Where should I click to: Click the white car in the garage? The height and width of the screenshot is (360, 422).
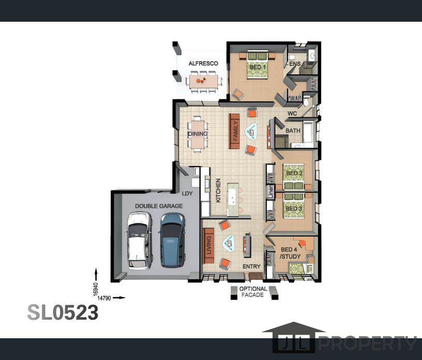pos(140,241)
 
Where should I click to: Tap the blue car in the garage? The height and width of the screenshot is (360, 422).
pos(173,240)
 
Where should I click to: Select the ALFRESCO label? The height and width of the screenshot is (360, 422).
pos(203,64)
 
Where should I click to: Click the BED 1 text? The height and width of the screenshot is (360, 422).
pos(258,67)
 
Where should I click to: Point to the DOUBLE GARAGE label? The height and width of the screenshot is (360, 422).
pos(159,206)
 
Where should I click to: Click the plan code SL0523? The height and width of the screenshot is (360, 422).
pos(63,312)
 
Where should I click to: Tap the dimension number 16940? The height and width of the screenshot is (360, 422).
pos(96,290)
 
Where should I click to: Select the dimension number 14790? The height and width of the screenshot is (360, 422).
pos(104,298)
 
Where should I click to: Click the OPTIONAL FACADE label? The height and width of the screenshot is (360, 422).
pos(253,292)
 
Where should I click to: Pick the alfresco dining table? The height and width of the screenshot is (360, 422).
pos(203,82)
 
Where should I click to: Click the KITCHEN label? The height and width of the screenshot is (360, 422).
pos(218,190)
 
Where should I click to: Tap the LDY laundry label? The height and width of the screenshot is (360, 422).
pos(187,193)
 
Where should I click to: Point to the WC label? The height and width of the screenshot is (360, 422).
pos(292,113)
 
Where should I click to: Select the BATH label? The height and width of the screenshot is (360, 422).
pos(293,130)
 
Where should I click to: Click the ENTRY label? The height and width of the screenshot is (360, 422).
pos(251,266)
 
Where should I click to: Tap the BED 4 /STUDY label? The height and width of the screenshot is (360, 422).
pos(290,253)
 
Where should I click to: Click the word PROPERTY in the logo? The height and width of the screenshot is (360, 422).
pos(368,343)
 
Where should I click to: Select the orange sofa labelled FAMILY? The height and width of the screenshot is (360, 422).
pos(234,131)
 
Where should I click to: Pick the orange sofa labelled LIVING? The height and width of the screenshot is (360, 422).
pos(208,246)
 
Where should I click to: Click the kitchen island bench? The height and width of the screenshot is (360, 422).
pos(233,200)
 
